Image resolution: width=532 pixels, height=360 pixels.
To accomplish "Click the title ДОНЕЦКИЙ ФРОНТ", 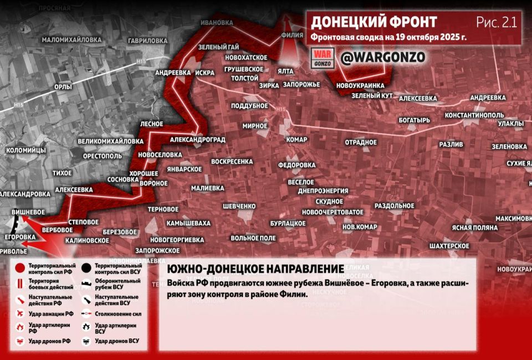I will tap(374, 22).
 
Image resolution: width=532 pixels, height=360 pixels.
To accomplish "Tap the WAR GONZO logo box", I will tap(323, 58).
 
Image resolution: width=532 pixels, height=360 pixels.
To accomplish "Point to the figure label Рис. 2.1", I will tap(496, 22).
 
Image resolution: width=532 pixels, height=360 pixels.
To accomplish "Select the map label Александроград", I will tap(197, 140).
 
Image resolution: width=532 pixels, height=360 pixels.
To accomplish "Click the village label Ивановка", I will tap(217, 23).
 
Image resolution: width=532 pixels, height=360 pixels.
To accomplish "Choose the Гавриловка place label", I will tap(147, 41).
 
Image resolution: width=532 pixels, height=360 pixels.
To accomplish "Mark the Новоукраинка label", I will tap(360, 86).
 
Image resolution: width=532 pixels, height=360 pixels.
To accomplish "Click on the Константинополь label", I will tap(474, 115).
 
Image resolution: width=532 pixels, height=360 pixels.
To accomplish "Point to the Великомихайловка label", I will tap(110, 141).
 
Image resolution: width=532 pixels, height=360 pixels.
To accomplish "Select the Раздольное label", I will tap(395, 205).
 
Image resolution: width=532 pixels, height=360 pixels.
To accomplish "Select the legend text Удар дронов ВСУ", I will tap(117, 341).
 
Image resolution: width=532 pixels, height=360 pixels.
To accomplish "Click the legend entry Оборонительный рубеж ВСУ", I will tap(117, 284).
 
